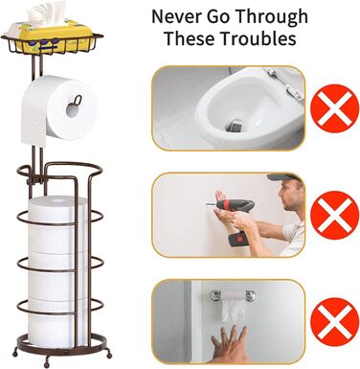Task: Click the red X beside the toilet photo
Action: pos(335,108)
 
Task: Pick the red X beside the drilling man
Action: pos(335,215)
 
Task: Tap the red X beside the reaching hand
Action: pos(335,322)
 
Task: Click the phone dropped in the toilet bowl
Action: pos(236,126)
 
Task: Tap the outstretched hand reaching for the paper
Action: pos(229,345)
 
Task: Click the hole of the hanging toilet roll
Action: pos(73,110)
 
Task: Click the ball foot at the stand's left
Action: pos(14,354)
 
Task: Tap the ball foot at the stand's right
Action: pos(109,354)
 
